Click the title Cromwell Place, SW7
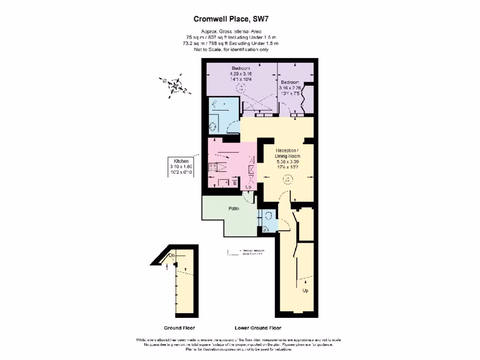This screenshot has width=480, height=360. point(231,19)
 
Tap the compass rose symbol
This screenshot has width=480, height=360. point(175,86)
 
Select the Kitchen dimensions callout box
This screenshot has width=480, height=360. point(181,166)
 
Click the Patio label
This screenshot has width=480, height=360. point(234,209)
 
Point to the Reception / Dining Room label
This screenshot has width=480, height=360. point(287,153)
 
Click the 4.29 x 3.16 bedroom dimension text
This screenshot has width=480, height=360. point(240,74)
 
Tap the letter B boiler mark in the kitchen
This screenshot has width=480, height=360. point(234,184)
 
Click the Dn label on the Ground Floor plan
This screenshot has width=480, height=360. point(172,255)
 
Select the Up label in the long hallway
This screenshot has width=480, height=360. point(305,291)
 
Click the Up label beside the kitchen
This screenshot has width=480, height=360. point(248,187)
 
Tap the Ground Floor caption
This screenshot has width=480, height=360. point(179,328)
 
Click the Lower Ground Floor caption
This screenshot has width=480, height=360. point(258,328)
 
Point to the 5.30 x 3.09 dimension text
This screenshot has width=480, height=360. point(287,161)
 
